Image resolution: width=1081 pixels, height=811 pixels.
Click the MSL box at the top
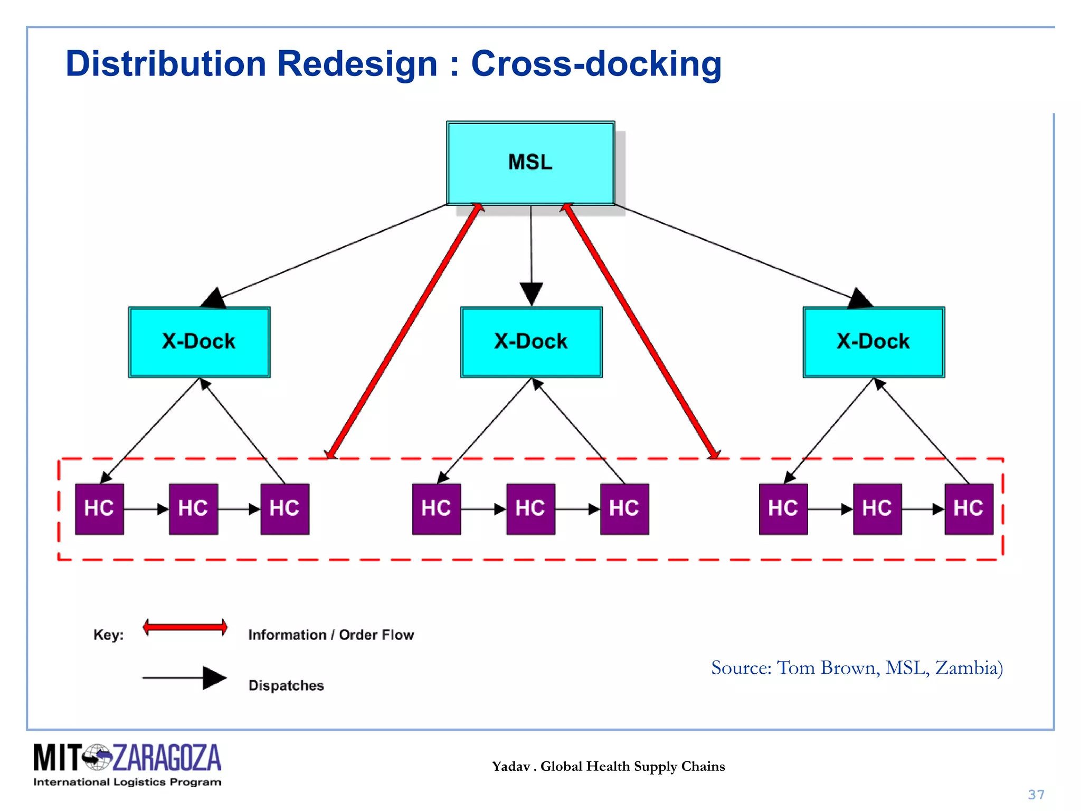point(530,163)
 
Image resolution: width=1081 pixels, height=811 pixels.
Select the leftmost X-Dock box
point(199,342)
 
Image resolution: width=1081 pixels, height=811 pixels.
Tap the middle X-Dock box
point(531,342)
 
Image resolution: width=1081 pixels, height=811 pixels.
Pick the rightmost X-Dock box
point(873,342)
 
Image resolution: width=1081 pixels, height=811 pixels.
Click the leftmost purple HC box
point(99,508)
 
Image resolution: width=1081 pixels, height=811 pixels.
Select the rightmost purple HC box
point(968,508)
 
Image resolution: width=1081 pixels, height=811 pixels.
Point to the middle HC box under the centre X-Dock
point(530,508)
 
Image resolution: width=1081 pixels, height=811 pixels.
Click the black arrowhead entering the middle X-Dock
point(531,294)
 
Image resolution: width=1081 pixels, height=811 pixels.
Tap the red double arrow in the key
point(185,627)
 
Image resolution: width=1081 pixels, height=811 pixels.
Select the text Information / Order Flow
point(331,635)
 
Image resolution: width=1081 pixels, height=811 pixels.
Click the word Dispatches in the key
point(286,685)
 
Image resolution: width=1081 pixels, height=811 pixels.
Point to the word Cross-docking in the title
point(596,64)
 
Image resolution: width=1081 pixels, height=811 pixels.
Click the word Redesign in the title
point(357,64)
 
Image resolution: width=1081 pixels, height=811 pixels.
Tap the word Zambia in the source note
point(966,668)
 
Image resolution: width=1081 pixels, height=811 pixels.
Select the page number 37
point(1036,795)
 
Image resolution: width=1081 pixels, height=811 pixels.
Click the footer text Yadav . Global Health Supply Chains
point(608,766)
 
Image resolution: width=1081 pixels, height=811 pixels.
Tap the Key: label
point(108,635)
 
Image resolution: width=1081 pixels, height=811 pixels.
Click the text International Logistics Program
point(127,782)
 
